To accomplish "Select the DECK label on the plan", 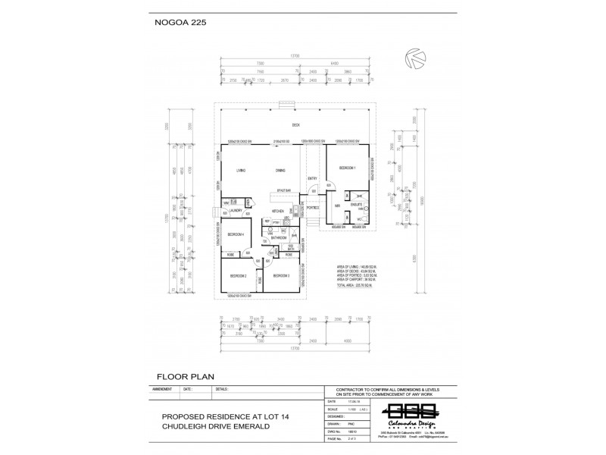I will pyautogui.click(x=296, y=125).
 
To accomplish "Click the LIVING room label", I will pyautogui.click(x=241, y=171).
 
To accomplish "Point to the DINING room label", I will pyautogui.click(x=280, y=171).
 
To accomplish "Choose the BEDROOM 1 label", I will pyautogui.click(x=347, y=167).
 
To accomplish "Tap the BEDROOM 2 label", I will pyautogui.click(x=240, y=275).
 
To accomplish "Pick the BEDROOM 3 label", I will pyautogui.click(x=281, y=275).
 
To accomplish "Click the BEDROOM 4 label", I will pyautogui.click(x=236, y=234).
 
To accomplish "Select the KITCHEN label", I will pyautogui.click(x=277, y=211).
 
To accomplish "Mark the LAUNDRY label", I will pyautogui.click(x=236, y=210).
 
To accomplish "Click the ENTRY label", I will pyautogui.click(x=312, y=179).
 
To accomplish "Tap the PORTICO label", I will pyautogui.click(x=311, y=207).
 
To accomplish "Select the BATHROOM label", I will pyautogui.click(x=278, y=237).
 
